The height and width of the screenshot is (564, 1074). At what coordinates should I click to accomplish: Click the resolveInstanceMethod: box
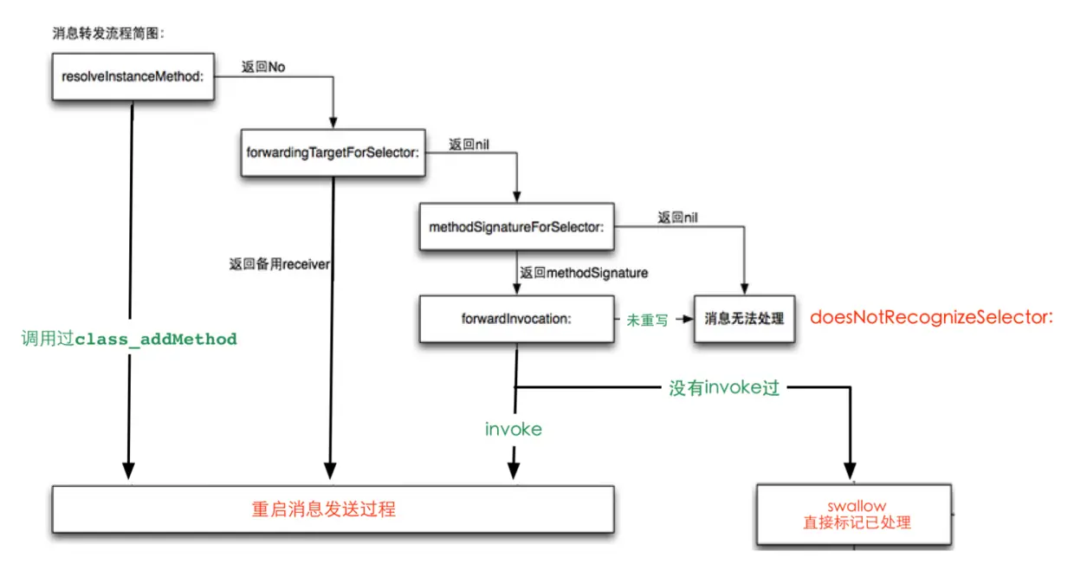(133, 76)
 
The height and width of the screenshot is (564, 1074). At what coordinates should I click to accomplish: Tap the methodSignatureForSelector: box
(516, 226)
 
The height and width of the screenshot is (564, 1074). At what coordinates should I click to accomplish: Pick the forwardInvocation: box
(516, 318)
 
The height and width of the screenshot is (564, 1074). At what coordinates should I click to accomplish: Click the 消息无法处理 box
(744, 319)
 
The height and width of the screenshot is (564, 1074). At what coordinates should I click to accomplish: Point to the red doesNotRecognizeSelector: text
(931, 317)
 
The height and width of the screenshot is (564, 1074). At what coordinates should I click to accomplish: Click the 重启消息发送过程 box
(333, 509)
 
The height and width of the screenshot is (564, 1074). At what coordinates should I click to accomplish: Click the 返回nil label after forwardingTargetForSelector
(469, 145)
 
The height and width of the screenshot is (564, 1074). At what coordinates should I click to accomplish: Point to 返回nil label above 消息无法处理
(677, 217)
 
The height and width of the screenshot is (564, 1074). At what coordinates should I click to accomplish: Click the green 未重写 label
(647, 320)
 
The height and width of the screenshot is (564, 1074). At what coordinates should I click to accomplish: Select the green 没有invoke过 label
(724, 388)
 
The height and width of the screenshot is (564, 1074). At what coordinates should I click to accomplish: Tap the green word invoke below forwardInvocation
(514, 429)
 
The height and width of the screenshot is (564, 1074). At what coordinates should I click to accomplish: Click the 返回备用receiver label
(279, 264)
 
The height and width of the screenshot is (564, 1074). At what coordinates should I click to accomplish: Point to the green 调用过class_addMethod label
(128, 339)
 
